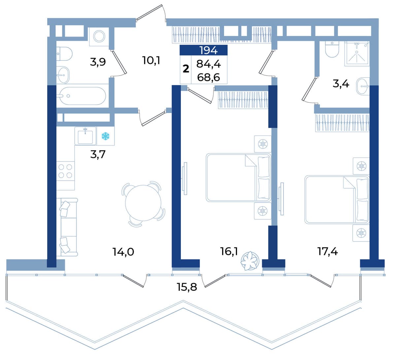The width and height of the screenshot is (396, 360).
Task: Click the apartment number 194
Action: point(209,50)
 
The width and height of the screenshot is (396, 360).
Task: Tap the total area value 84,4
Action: point(209,64)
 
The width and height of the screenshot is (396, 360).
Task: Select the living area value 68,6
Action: point(209,77)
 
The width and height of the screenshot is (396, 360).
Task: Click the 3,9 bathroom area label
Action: point(98,62)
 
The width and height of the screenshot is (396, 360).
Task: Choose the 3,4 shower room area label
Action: point(341,84)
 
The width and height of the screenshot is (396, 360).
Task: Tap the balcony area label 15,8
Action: point(187,287)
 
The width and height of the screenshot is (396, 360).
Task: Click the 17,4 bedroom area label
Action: point(327,252)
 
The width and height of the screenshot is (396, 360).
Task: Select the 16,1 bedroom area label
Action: point(229,252)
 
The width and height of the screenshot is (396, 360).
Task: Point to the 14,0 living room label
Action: point(123,252)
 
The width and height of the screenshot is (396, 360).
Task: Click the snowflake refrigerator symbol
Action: point(105,136)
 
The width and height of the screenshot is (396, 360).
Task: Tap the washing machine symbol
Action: point(99,37)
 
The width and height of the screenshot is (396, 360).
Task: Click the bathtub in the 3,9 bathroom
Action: point(83,96)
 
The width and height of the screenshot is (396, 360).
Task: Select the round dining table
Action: point(143,203)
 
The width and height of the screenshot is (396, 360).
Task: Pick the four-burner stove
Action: point(65,171)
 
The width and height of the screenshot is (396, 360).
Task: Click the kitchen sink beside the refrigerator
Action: point(85,136)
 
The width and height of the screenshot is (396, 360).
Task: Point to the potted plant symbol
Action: point(250,261)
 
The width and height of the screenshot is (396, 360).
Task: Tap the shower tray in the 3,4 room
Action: point(357,54)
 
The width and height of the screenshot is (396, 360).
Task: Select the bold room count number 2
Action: point(186,69)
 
